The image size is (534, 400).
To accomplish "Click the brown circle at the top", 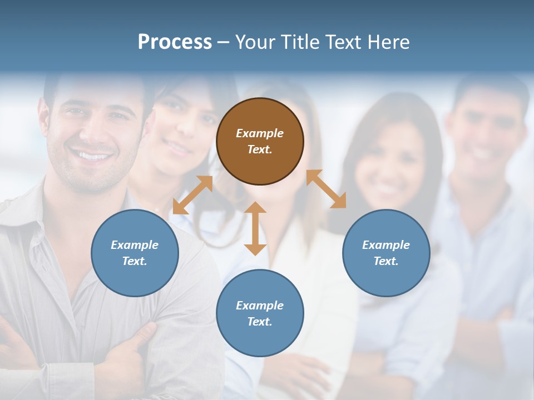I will tap(260, 141).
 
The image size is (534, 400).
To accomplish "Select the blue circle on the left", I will tap(135, 253).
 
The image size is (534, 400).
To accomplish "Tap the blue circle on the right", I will tap(386, 253).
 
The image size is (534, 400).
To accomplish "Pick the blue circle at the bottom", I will tap(260, 313).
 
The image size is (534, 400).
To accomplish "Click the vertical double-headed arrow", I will tap(255, 228).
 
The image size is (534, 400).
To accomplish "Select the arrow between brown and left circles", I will tap(192, 195).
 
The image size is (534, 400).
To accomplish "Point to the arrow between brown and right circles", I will tap(326, 189).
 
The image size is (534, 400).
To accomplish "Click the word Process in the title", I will tap(175, 42).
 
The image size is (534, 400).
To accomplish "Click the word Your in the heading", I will tap(254, 42).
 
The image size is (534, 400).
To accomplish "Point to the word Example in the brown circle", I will tap(260, 133).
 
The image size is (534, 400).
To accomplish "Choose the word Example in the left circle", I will tap(135, 245).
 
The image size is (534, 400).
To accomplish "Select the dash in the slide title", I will tap(224, 42).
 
